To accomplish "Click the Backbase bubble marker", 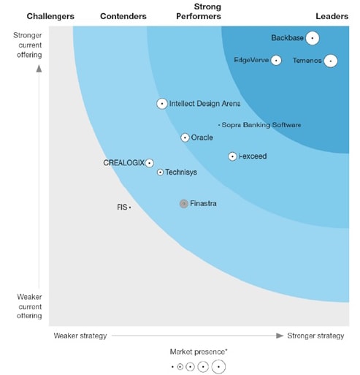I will (x=313, y=38).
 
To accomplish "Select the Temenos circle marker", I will (x=331, y=61).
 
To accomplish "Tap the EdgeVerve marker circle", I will (x=276, y=60).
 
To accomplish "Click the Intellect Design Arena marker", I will (x=162, y=104).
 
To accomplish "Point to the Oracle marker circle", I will (x=185, y=137).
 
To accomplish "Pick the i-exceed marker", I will (x=232, y=156).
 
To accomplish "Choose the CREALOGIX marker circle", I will (x=150, y=163).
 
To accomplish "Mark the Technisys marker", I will (x=160, y=173).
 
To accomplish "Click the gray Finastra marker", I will (x=183, y=203).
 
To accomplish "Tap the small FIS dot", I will (x=130, y=208).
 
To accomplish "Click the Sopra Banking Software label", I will (x=261, y=125).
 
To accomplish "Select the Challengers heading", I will (x=50, y=16).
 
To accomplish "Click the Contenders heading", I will (x=123, y=16).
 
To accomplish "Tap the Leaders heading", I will (x=332, y=16).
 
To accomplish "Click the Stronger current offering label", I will (x=29, y=45).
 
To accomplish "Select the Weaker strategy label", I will (x=80, y=336).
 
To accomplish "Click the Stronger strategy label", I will (x=315, y=336).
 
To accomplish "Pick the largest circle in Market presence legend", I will (x=218, y=366).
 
